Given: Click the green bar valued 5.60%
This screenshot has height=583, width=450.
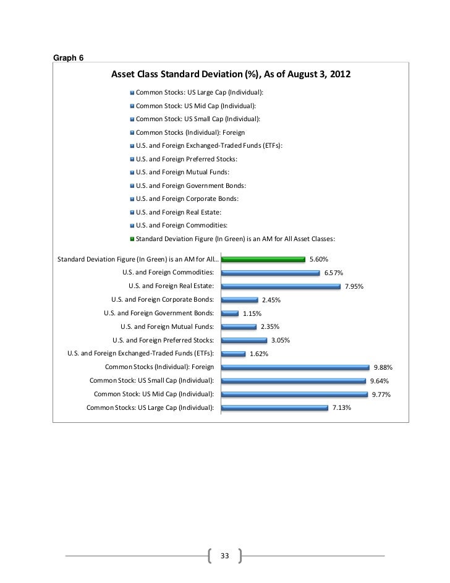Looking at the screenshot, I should pos(263,259).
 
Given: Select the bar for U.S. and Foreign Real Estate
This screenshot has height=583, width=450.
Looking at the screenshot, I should pos(281,286).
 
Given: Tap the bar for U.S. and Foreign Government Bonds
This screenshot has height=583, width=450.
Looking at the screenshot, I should pos(229,313).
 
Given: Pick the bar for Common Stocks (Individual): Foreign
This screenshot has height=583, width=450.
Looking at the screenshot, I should pos(295,367).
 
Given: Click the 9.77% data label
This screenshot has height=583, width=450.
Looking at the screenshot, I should pos(381,394).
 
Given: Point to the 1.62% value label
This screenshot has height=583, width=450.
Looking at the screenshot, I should pos(258,354).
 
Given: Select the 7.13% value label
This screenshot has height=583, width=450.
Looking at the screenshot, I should pos(342,407).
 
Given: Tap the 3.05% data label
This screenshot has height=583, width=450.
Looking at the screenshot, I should pos(280,341).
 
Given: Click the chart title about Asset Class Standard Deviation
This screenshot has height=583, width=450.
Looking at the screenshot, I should pos(231,75).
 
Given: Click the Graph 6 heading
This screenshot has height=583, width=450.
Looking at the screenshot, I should pos(69,58).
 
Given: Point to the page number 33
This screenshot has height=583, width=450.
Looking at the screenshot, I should pos(224,556).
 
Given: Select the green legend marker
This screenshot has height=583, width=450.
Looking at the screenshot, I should pos(132,238).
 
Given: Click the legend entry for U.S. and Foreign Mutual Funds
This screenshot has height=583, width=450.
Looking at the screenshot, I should pos(182,172).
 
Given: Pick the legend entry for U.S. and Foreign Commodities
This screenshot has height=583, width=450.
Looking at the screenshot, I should pos(182,225).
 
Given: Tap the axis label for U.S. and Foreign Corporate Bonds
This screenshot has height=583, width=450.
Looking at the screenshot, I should pos(163,300).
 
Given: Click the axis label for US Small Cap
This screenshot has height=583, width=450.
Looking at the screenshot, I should pos(152,381).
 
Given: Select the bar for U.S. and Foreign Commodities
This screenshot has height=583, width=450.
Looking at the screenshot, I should pos(270,273).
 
